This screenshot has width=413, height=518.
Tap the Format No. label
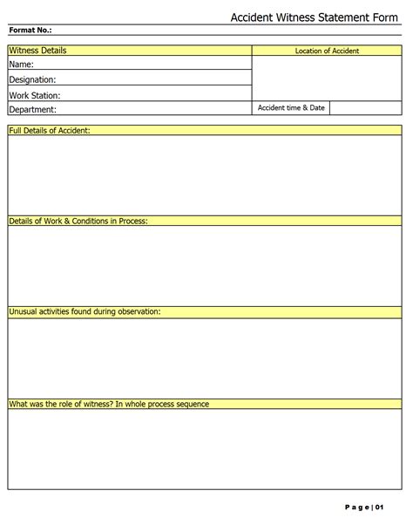tap(30, 31)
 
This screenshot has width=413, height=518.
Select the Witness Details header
tap(37, 51)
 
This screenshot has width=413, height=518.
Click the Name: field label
tap(22, 65)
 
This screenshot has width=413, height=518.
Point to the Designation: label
tap(32, 79)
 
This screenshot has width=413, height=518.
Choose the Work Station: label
tap(35, 95)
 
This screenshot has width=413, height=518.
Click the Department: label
tap(32, 110)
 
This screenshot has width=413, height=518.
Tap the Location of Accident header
tap(327, 51)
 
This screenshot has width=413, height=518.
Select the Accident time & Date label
tap(291, 108)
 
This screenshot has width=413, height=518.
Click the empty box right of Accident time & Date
tap(366, 108)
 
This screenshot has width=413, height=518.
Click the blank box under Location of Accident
tap(327, 78)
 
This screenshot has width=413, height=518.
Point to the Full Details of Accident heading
tap(50, 130)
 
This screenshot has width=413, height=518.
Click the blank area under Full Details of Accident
tap(205, 174)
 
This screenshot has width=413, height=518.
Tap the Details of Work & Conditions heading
tap(78, 222)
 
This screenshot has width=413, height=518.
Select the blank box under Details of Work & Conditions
tap(205, 266)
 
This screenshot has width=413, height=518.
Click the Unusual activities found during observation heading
tap(85, 311)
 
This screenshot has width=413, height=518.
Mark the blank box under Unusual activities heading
tap(205, 357)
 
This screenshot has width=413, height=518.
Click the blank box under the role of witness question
tap(205, 448)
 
